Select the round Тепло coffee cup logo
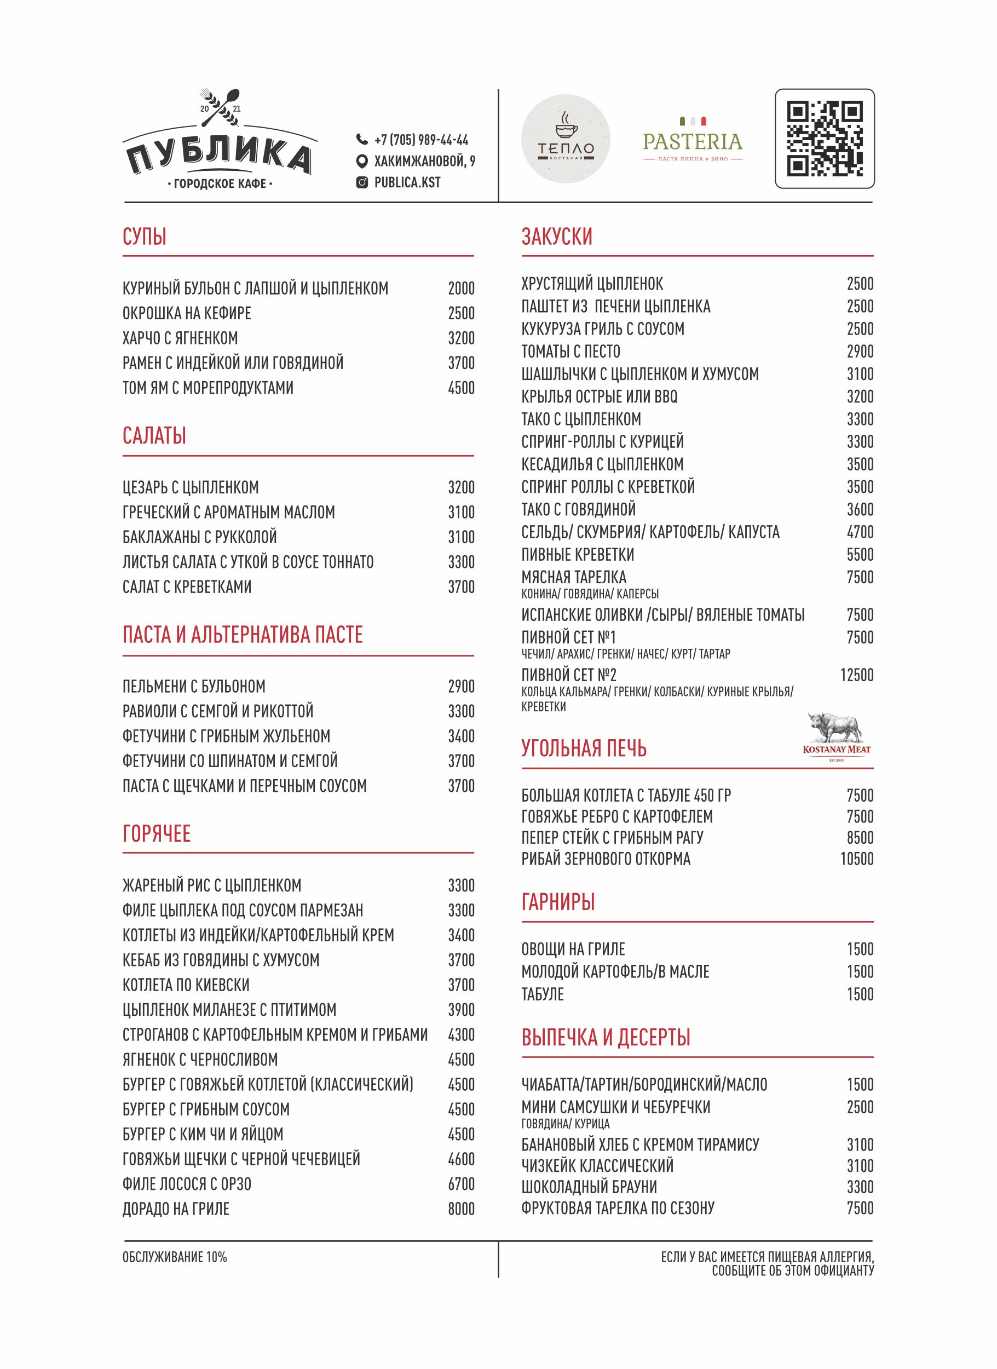point(565,140)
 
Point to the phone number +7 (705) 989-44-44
point(420,140)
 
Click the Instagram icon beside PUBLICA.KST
point(362,182)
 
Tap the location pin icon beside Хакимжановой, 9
point(362,161)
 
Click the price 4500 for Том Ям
point(461,388)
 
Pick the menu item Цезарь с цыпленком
point(190,487)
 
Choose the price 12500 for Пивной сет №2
point(856,675)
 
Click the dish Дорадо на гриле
point(176,1209)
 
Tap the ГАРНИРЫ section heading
point(558,902)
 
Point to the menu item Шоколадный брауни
point(589,1187)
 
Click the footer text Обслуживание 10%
point(175,1257)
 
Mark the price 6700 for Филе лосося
point(461,1184)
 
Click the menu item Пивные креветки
point(578,554)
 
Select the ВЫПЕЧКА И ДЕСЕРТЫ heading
point(606,1037)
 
